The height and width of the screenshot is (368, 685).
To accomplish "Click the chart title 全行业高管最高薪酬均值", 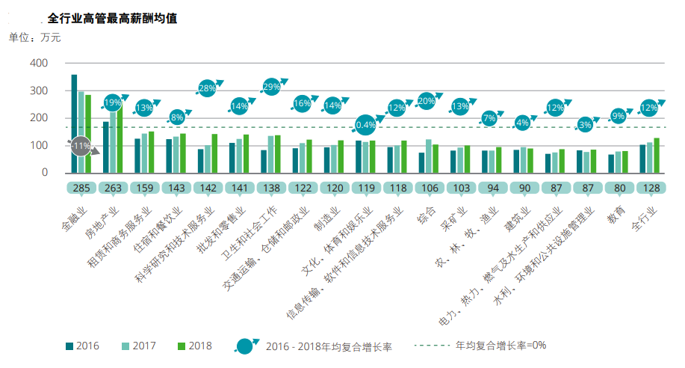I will point(111,18).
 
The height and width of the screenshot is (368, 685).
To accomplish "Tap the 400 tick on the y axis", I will point(39,63).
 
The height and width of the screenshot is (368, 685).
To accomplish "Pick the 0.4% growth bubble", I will point(366,124).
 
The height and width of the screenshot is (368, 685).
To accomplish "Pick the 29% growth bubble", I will point(271,86).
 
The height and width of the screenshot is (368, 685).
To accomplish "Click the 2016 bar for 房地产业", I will point(106,147).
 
